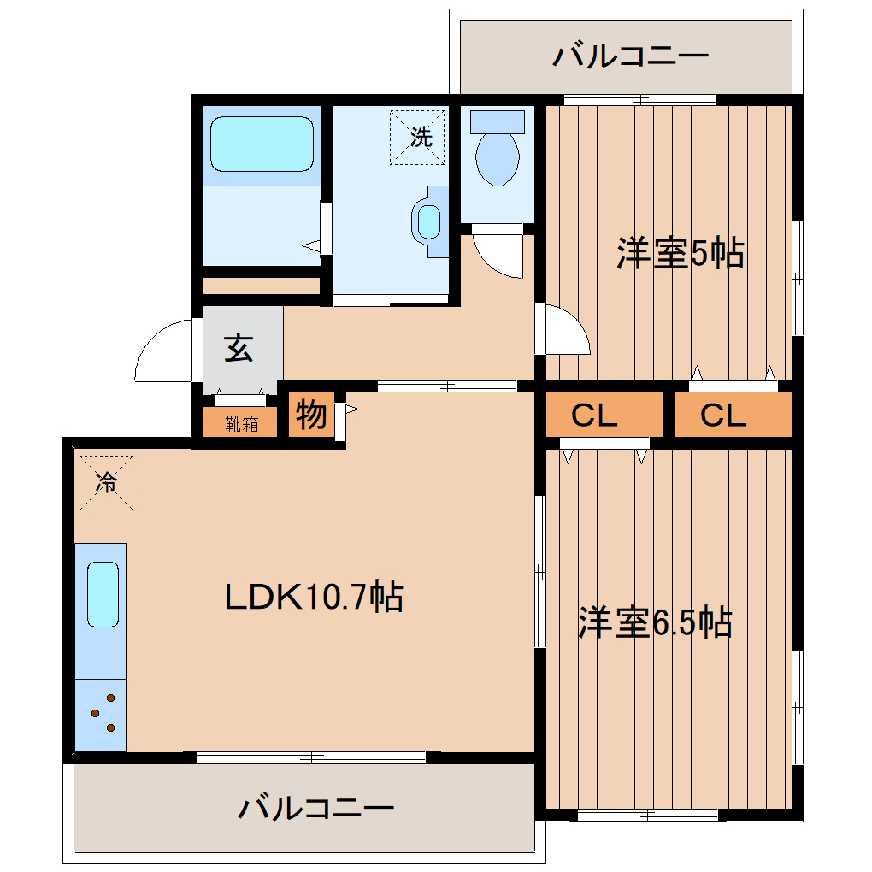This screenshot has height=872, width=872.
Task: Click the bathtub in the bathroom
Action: click(x=262, y=144)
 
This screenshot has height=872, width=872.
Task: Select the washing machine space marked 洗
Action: click(x=418, y=137)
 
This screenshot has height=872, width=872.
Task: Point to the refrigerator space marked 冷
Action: click(x=106, y=483)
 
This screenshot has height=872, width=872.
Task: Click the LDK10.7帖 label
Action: click(x=314, y=597)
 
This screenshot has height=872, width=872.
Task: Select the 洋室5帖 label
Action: click(x=681, y=254)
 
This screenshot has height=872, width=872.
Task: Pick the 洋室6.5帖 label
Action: click(x=655, y=622)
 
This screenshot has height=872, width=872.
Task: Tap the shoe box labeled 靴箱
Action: click(x=241, y=423)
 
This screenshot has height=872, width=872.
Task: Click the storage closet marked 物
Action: click(x=311, y=416)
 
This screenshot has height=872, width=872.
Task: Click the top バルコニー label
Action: click(x=630, y=56)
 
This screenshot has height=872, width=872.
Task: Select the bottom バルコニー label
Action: click(x=315, y=808)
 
